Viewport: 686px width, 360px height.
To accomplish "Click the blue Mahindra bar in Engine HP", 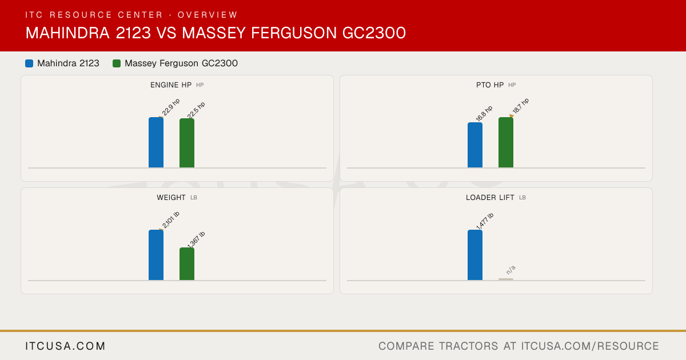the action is (x=156, y=142).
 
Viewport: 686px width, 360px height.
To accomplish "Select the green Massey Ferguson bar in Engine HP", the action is (x=187, y=143).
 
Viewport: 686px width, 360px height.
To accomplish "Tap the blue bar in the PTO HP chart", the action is (x=475, y=145).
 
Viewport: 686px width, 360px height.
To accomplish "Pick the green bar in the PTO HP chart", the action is (x=506, y=142).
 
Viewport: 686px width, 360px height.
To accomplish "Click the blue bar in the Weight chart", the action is (x=156, y=255).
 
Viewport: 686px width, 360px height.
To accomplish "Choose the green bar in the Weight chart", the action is (x=187, y=264).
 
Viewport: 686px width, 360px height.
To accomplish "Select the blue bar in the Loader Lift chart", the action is (x=475, y=255).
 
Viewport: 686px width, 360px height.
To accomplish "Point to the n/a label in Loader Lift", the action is (x=511, y=270).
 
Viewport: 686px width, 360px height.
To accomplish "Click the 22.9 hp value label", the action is (x=171, y=107).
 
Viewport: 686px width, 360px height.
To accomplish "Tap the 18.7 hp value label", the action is (x=521, y=106).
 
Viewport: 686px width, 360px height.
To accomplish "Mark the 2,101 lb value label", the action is (x=170, y=220).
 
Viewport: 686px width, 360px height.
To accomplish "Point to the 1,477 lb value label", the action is (x=485, y=221).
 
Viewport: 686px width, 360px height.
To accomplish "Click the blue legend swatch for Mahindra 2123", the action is (x=29, y=63).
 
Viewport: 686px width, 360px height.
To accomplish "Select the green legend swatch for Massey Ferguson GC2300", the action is (x=117, y=63).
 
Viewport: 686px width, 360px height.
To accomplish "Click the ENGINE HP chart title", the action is (x=171, y=85).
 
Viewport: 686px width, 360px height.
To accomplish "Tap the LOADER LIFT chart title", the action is (x=490, y=198).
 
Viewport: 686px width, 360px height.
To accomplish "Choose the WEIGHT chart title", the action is (x=171, y=198).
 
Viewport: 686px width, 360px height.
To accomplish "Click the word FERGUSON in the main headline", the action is (x=294, y=33).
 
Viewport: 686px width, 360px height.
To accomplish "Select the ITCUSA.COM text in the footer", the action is (x=65, y=346).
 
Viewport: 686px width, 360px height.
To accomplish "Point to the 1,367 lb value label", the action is (x=196, y=239).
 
